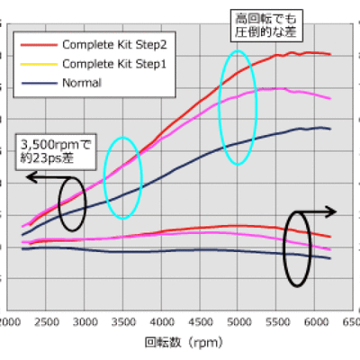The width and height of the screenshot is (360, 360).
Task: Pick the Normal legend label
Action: pos(82,83)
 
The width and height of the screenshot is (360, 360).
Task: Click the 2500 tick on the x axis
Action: pos(47,321)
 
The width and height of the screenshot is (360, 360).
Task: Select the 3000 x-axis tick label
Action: pos(85,321)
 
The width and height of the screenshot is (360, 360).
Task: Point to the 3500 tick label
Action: pos(124,321)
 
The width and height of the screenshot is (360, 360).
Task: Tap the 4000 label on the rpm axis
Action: pos(162,321)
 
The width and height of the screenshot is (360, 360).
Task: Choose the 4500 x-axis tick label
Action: pos(201,321)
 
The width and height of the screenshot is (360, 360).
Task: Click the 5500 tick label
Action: pos(277,321)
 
